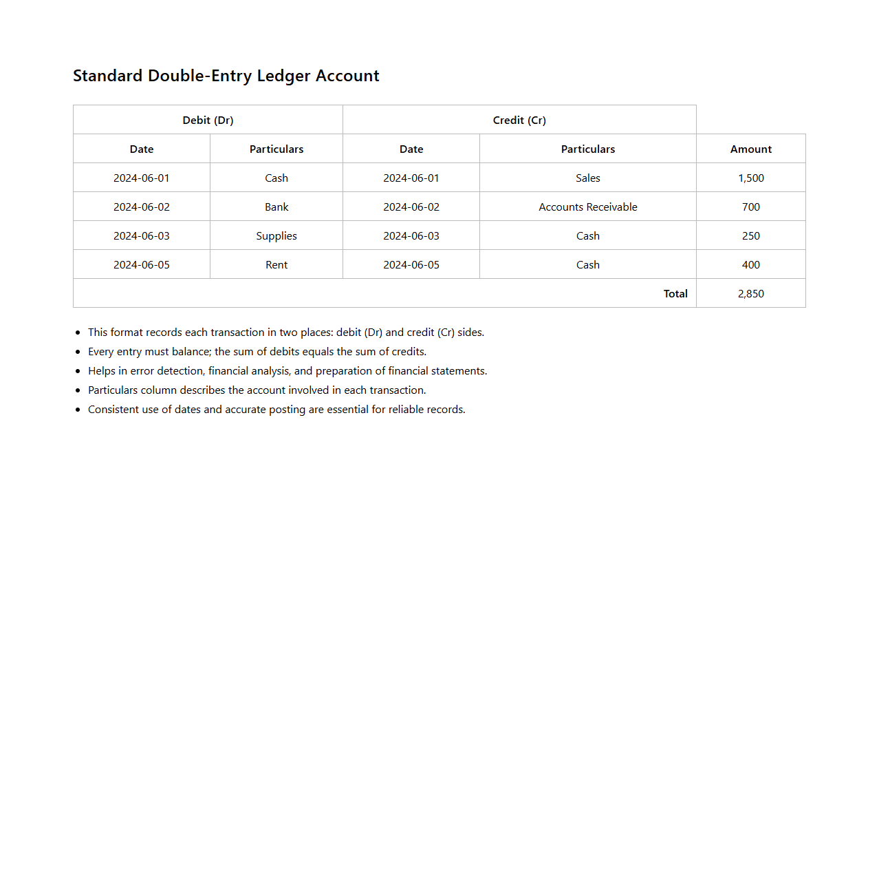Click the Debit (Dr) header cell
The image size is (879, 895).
pos(208,120)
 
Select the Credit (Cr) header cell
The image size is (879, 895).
pos(519,120)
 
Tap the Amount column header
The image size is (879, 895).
pos(750,149)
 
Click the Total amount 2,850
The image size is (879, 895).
pos(750,293)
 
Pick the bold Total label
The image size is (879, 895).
pos(675,293)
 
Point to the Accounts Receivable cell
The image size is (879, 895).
pos(587,207)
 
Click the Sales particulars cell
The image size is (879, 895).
pos(587,178)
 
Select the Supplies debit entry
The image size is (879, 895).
pos(276,235)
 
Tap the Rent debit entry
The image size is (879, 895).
pos(276,264)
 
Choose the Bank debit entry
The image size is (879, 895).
pos(276,207)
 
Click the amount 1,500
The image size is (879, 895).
pos(750,178)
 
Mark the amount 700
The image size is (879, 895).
pos(750,207)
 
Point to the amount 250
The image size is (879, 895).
pos(750,235)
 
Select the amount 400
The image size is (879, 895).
pos(750,264)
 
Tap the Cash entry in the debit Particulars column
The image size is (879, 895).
pos(276,178)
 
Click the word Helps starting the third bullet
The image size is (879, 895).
pos(101,370)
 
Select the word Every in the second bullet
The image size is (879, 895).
pos(100,351)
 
